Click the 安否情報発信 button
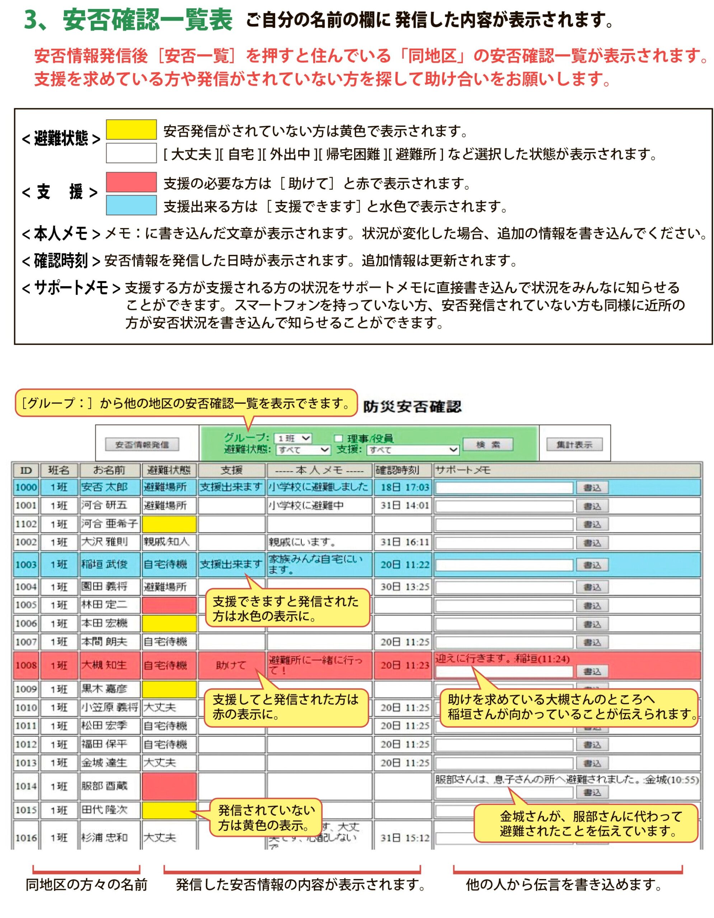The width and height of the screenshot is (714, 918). click(x=142, y=444)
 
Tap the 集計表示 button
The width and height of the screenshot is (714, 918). click(x=574, y=444)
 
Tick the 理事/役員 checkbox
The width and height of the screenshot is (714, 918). click(x=338, y=439)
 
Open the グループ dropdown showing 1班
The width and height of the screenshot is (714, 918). click(x=293, y=439)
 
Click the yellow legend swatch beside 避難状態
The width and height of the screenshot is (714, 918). click(x=131, y=129)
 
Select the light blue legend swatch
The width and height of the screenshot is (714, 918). click(x=131, y=205)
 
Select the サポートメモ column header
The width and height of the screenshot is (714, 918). click(x=462, y=470)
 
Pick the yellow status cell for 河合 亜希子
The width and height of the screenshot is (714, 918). click(x=169, y=524)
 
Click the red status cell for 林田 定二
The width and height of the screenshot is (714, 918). click(x=169, y=605)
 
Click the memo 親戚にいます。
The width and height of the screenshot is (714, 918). click(x=302, y=542)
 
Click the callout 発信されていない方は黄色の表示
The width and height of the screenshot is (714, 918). click(x=266, y=818)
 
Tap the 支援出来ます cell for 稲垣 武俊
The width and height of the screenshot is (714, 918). click(x=231, y=564)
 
